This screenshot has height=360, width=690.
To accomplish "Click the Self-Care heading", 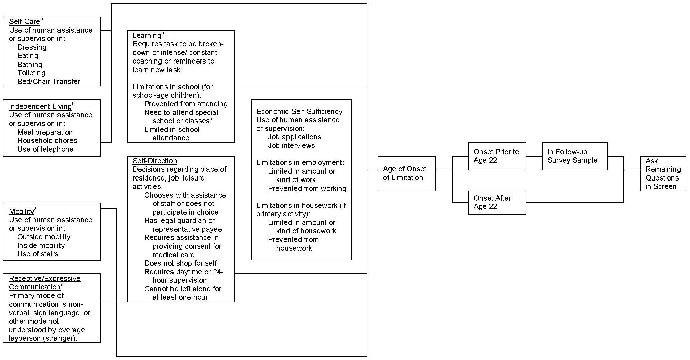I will [24, 22].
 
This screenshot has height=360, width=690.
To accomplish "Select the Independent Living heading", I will [40, 107].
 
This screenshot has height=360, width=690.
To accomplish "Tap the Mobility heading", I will [21, 211].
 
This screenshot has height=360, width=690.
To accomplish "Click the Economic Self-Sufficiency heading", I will [299, 112].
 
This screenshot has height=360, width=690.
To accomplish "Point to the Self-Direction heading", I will [154, 161].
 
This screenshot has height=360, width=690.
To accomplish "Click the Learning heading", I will [147, 36].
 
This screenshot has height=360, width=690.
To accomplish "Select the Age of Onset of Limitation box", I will [407, 173].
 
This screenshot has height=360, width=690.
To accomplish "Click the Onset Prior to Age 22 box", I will [497, 156].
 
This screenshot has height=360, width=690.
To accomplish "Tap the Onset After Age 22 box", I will [497, 202].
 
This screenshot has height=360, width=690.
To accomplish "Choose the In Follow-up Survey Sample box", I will [574, 156].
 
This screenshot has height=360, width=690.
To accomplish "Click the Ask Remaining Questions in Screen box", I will [663, 174].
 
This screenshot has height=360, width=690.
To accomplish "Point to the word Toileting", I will [31, 73].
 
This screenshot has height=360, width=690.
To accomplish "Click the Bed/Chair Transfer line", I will [49, 82].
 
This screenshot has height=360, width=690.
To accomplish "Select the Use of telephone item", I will [45, 149].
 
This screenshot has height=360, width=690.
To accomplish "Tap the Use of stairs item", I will [38, 254].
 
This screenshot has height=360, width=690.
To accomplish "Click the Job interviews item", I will [291, 146].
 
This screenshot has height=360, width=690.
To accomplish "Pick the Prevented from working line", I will [307, 189].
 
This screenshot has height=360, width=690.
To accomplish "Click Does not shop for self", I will [181, 263].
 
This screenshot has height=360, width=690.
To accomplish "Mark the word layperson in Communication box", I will [24, 338].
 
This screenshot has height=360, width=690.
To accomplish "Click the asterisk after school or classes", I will [211, 120].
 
